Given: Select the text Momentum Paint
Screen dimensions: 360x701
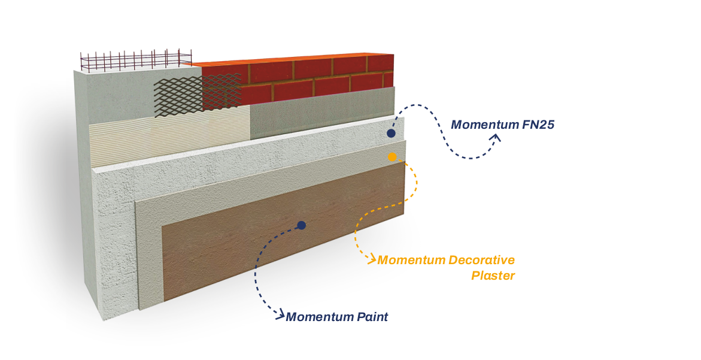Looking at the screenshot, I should click(336, 317).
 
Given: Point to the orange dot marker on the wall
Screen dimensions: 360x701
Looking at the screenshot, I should click(392, 157).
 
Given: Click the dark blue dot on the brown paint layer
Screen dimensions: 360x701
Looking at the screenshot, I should click(302, 225).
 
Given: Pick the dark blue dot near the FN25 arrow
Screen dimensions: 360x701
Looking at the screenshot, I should click(391, 133).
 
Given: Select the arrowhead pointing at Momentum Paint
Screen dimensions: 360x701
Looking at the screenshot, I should click(280, 316).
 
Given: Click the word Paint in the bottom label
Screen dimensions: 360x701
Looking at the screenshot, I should click(372, 317).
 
